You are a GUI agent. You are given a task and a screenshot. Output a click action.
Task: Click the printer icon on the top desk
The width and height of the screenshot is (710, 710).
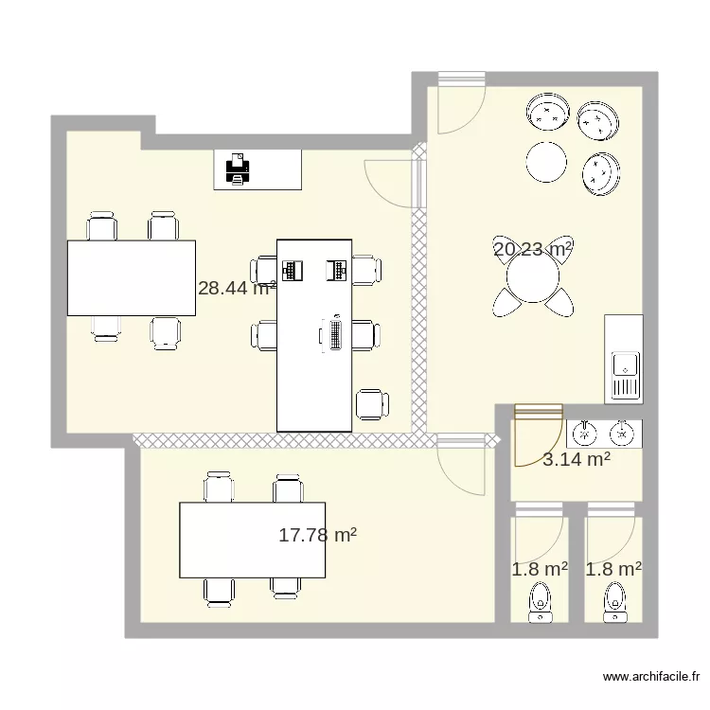(x=238, y=169)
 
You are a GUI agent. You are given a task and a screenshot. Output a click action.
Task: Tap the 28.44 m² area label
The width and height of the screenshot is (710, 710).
(x=237, y=288)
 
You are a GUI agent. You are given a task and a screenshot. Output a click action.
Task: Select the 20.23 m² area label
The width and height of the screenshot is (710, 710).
(x=533, y=250)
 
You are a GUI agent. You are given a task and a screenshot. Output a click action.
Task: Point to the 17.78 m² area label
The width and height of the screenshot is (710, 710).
(x=317, y=536)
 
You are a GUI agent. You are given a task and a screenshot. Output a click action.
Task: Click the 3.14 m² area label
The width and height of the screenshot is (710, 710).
(x=576, y=460)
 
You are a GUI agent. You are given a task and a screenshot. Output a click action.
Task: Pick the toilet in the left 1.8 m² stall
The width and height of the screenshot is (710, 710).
(x=540, y=600)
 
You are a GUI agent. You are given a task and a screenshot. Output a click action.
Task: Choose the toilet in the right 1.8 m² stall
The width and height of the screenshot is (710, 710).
(x=613, y=600)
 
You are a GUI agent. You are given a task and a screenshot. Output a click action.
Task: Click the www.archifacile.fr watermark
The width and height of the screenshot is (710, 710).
(x=650, y=678)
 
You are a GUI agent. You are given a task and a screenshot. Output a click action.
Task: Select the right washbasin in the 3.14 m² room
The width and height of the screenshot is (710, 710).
(x=621, y=434)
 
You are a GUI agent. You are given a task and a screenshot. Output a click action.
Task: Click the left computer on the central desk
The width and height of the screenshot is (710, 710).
(x=293, y=270)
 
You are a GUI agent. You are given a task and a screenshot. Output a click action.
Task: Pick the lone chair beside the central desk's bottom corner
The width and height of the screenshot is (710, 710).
(x=371, y=404)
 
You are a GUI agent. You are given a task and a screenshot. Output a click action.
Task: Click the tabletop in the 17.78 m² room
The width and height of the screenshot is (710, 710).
(x=253, y=540)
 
